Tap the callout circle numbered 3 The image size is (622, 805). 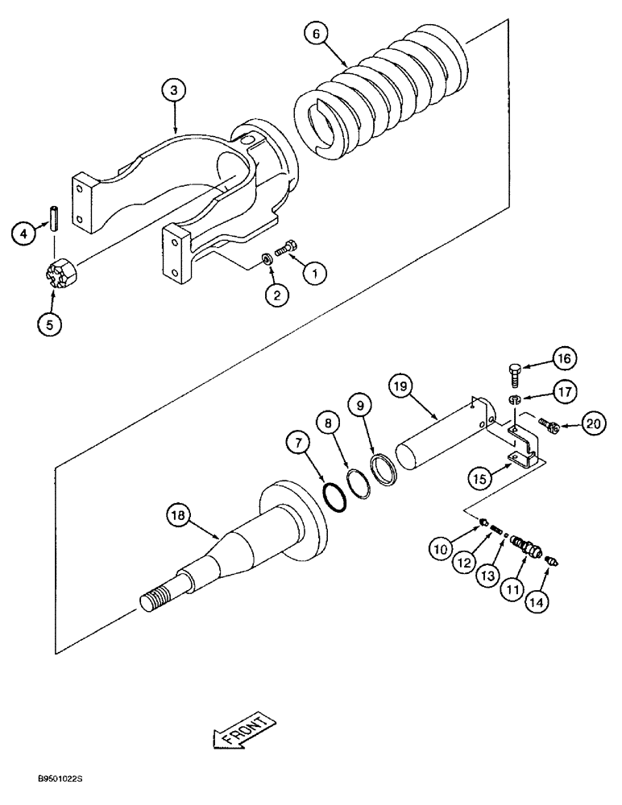coord(174,91)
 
